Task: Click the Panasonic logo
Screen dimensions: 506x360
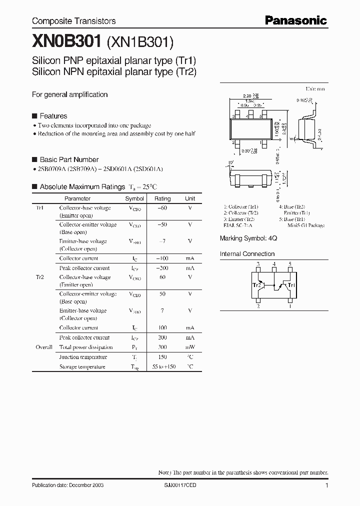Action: tap(295, 20)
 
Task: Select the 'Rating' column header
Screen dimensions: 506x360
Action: tap(162, 198)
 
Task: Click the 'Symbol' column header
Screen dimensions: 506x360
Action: tap(134, 198)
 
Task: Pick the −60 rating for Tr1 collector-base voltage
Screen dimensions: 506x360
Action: tap(162, 208)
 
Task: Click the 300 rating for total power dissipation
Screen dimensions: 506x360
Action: tap(162, 347)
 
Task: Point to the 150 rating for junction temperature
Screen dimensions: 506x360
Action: tap(162, 357)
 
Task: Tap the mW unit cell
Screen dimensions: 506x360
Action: tap(190, 347)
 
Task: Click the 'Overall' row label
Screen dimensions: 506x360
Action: tap(44, 347)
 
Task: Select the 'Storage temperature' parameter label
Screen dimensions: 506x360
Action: tap(82, 367)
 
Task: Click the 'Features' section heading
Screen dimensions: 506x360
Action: tap(53, 116)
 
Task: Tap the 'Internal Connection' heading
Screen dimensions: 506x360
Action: tap(247, 254)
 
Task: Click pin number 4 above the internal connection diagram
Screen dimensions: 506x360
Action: tap(274, 264)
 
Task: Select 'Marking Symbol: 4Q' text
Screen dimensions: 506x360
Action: tap(248, 239)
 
